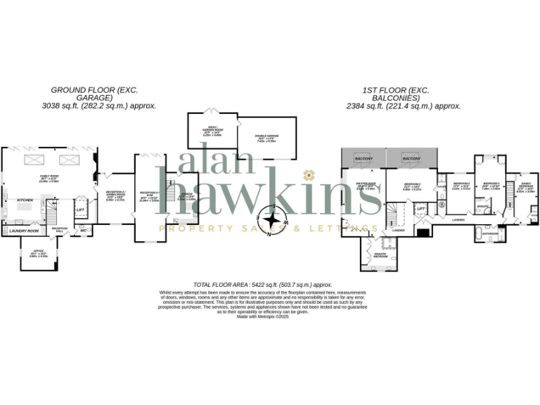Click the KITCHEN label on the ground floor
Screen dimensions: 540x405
(x=25, y=200)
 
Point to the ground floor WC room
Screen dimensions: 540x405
(x=84, y=229)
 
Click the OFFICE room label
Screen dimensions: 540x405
(x=34, y=255)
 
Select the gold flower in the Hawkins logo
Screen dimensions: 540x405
(x=307, y=174)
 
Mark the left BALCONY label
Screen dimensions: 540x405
(x=364, y=159)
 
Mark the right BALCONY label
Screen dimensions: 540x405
(x=411, y=159)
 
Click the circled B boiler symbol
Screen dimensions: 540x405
(x=442, y=205)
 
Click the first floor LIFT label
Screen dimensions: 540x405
(x=420, y=208)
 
